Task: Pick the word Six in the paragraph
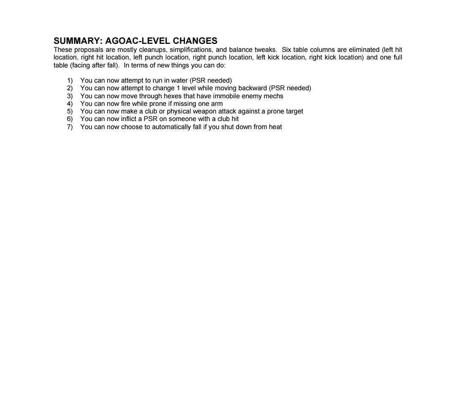(x=287, y=50)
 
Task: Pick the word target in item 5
(x=294, y=111)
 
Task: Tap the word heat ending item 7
(x=275, y=127)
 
